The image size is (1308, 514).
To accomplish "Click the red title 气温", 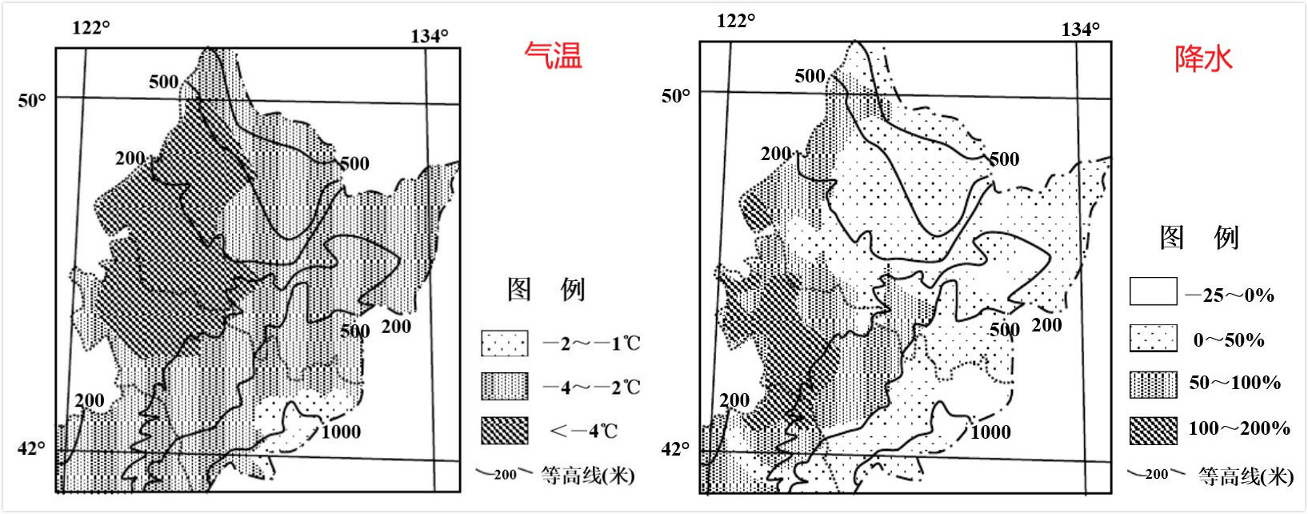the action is tap(553, 56).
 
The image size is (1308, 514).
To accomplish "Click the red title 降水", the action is tap(1203, 58).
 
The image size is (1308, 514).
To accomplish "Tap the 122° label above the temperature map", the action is tap(91, 27).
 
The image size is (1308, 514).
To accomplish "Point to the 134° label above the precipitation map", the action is tap(1080, 29).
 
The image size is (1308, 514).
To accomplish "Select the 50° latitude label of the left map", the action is tap(31, 100).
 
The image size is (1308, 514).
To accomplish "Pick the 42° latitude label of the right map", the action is tap(675, 448).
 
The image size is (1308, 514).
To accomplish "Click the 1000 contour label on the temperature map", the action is tap(341, 432).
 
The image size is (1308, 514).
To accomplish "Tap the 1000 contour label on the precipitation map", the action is tap(990, 432).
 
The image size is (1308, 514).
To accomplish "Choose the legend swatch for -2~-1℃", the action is tap(505, 343).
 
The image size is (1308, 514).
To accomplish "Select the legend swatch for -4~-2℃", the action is tap(505, 386).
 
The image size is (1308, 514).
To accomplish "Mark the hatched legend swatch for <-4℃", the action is tap(505, 431).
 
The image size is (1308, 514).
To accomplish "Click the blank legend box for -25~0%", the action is tap(1154, 291).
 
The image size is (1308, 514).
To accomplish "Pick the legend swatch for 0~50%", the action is tap(1154, 338).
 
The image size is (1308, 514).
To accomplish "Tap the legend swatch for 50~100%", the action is tap(1154, 384).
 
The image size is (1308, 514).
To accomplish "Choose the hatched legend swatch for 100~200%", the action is tap(1154, 431).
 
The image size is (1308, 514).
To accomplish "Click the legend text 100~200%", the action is tap(1239, 428).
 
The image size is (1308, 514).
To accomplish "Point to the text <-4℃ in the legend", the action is tap(584, 431).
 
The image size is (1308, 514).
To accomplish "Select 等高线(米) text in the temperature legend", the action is tap(587, 476).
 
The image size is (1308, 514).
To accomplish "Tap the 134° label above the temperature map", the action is tap(429, 36).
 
